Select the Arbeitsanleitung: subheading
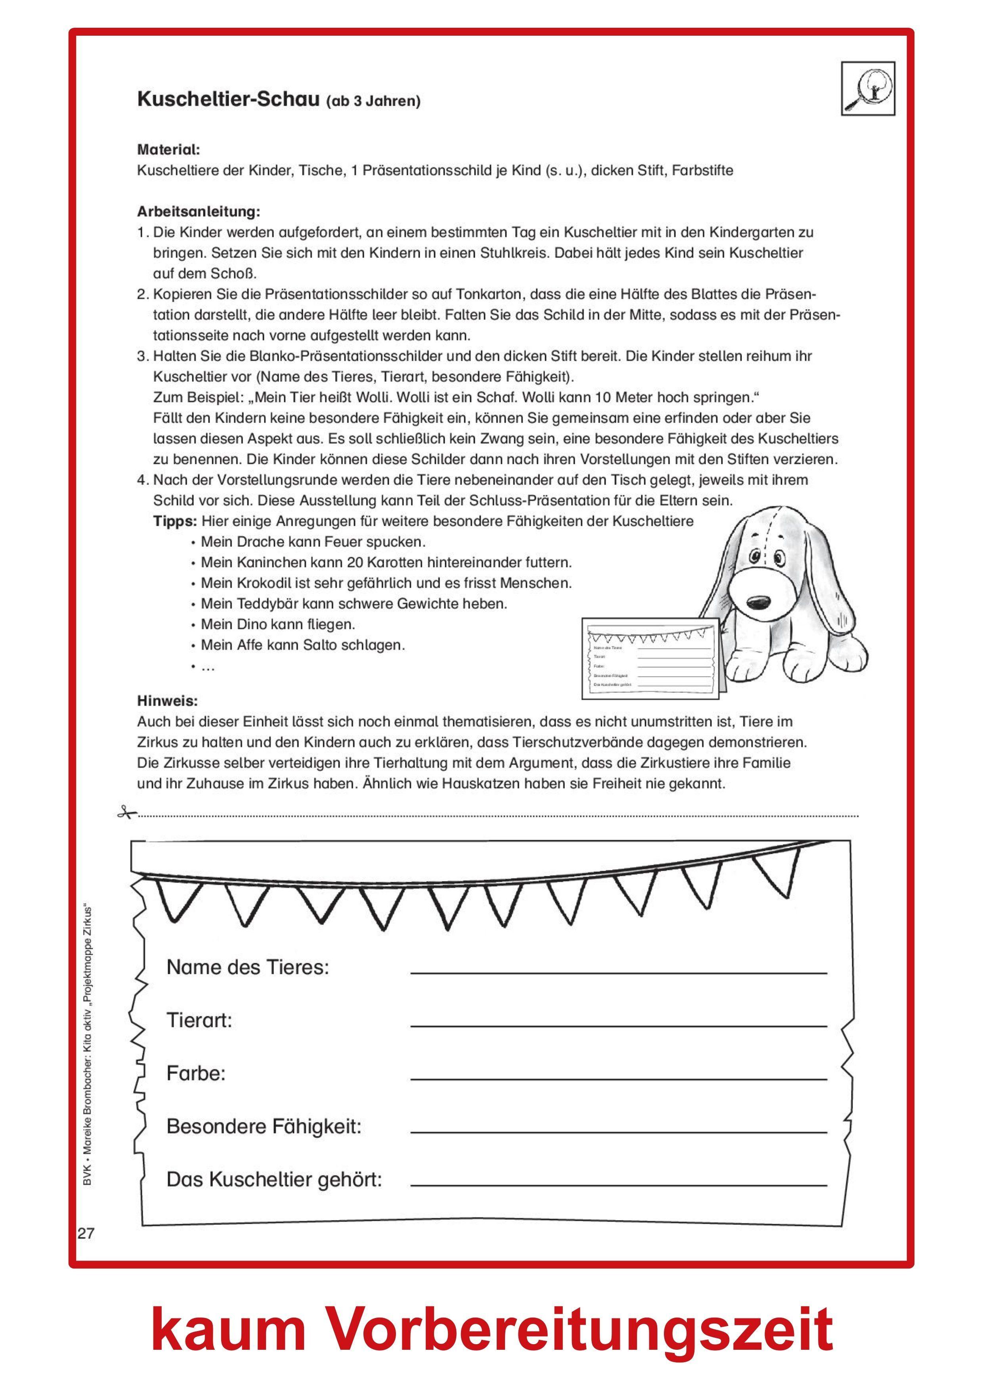pyautogui.click(x=199, y=212)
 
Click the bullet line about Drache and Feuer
pyautogui.click(x=313, y=542)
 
